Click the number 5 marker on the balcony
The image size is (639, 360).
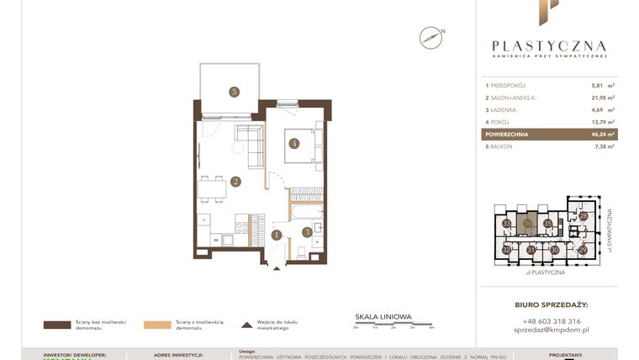(x=234, y=93)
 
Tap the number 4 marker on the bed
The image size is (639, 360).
(x=294, y=143)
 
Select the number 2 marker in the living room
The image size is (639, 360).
(x=236, y=181)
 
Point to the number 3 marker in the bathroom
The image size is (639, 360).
(x=307, y=231)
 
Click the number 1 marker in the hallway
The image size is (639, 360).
(x=276, y=236)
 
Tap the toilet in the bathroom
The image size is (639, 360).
(x=300, y=251)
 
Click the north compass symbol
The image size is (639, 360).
(x=430, y=37)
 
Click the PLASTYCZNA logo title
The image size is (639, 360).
(x=548, y=46)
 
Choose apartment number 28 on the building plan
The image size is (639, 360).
(x=584, y=216)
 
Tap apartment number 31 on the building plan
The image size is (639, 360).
(x=531, y=250)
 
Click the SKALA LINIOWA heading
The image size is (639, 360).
(x=383, y=317)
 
